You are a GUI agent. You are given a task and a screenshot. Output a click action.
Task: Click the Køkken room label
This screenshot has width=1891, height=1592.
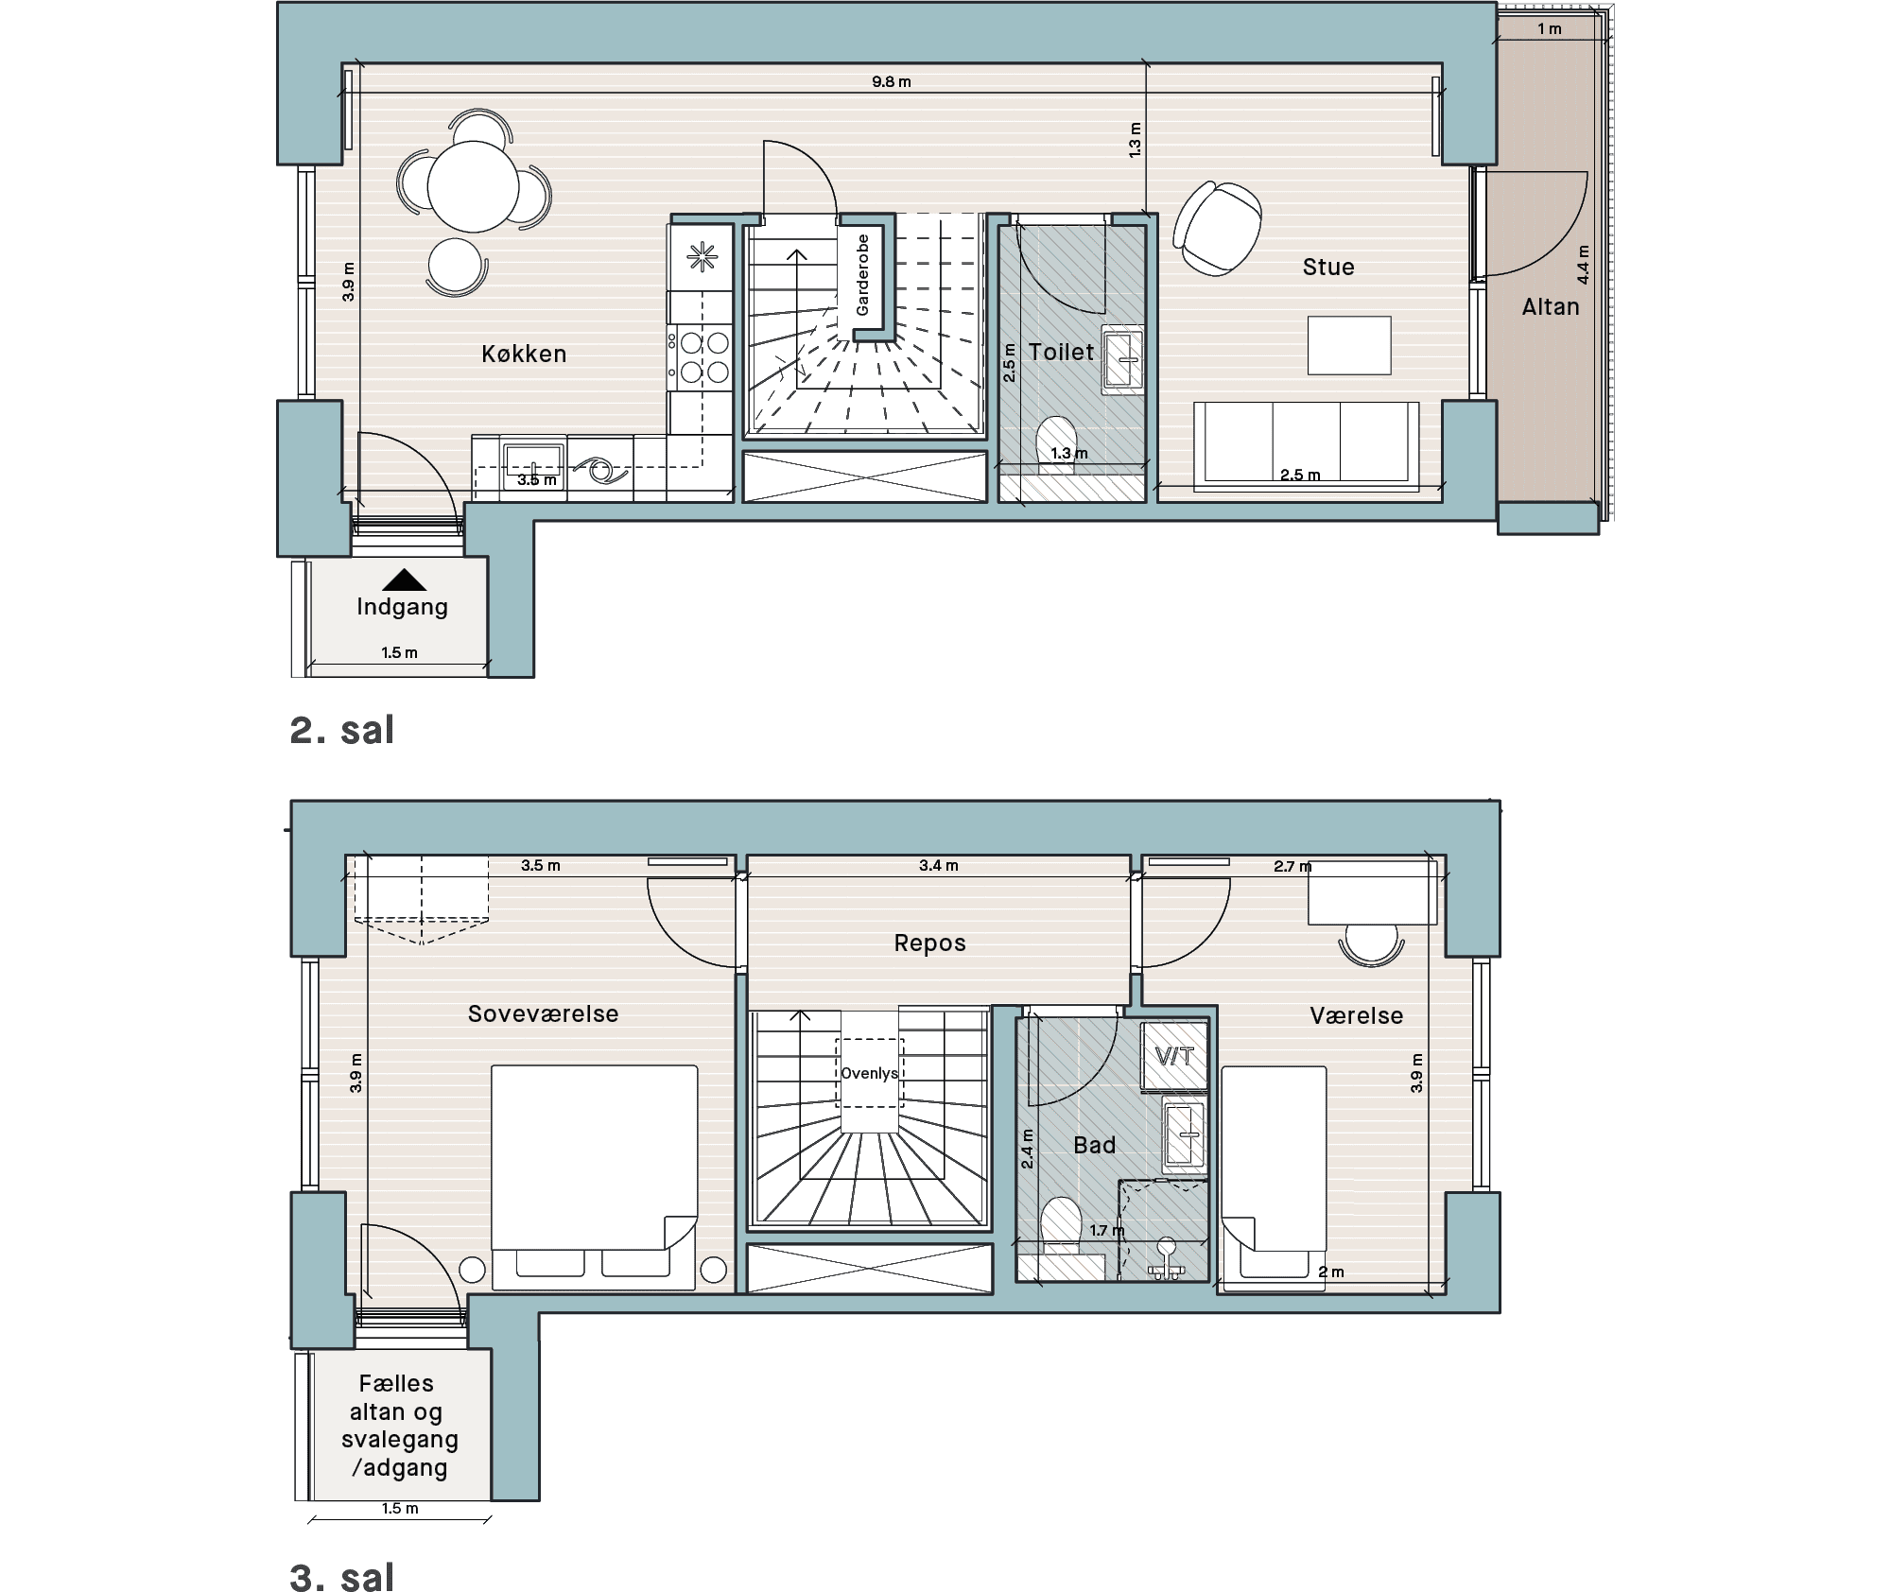[524, 354]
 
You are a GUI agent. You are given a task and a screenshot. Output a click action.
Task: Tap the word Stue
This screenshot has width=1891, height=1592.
[1328, 268]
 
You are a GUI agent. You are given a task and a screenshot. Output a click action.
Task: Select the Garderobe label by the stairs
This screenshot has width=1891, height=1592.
[861, 275]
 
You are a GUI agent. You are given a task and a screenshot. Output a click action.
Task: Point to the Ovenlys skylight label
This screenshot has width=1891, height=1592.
[869, 1073]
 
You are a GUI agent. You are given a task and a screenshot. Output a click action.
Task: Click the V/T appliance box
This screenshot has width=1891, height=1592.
[1174, 1057]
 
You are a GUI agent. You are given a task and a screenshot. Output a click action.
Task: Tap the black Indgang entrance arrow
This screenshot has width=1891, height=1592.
[404, 580]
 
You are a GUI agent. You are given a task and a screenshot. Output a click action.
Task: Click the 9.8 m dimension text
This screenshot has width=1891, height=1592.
[892, 82]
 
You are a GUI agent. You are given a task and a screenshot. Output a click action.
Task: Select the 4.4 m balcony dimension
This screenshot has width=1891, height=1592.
[1583, 265]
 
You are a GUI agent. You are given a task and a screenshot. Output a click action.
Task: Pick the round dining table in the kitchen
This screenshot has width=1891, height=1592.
[473, 186]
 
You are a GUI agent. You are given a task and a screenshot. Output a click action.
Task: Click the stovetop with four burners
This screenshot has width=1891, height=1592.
[700, 356]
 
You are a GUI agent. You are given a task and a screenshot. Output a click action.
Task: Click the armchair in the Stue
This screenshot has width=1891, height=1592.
[1217, 227]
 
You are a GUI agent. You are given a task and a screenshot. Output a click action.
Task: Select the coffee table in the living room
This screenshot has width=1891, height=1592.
[1349, 345]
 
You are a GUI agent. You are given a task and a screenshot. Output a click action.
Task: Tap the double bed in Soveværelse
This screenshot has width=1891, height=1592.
[595, 1178]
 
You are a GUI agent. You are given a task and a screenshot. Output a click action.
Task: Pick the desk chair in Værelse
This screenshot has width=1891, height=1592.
[1371, 944]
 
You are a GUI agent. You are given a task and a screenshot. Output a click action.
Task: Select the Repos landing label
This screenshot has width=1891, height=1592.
[930, 943]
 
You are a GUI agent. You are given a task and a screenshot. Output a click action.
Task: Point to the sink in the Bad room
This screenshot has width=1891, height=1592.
[1184, 1133]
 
